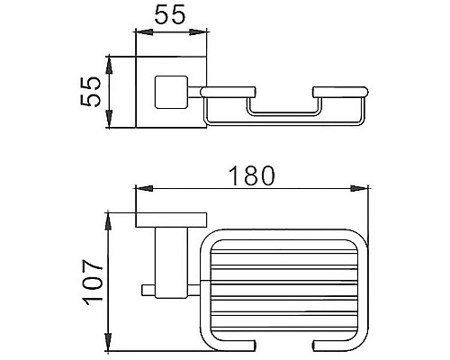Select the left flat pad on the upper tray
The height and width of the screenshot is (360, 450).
pyautogui.click(x=228, y=90)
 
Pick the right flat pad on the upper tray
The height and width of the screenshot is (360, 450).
pyautogui.click(x=340, y=90)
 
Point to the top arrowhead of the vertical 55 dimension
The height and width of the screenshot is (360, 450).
pyautogui.click(x=109, y=62)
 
